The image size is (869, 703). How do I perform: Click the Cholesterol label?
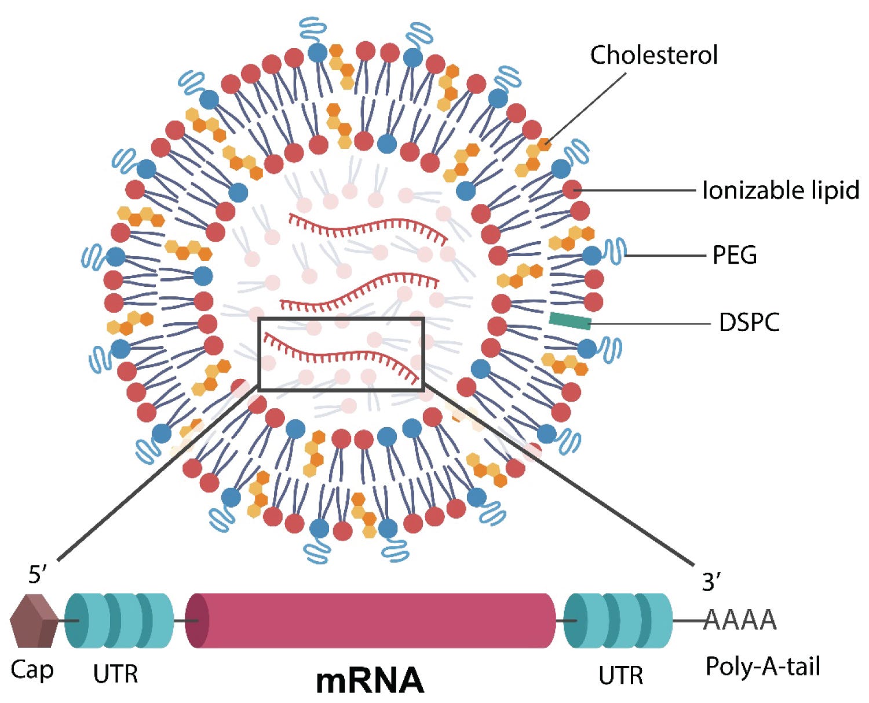click(653, 55)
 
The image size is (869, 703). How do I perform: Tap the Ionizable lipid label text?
click(780, 190)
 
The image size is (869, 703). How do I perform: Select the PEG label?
click(735, 255)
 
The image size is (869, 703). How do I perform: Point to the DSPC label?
click(749, 322)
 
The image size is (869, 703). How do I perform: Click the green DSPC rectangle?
click(570, 320)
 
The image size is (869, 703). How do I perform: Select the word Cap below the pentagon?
click(32, 671)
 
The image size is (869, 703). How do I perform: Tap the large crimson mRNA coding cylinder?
click(370, 621)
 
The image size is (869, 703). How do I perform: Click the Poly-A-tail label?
click(762, 666)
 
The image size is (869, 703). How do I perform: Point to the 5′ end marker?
click(37, 575)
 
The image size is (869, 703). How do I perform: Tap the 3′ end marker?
click(711, 581)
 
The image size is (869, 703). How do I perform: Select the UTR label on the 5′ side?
click(115, 673)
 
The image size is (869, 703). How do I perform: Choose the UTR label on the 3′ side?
click(620, 675)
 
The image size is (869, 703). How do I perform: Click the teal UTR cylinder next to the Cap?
click(119, 621)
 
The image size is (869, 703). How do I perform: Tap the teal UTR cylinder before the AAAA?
click(618, 621)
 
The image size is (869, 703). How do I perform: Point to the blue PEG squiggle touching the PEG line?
click(614, 251)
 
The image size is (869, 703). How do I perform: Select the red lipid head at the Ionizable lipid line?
click(572, 190)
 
